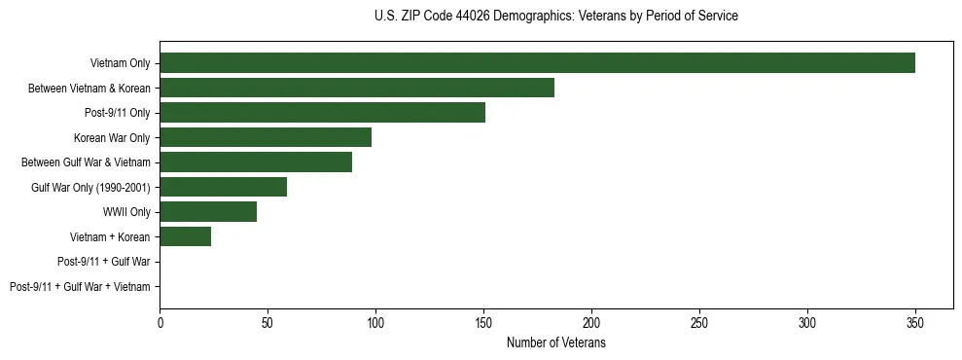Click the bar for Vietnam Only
(537, 63)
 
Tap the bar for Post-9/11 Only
(322, 113)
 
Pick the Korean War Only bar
(266, 137)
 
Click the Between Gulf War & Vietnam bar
(256, 162)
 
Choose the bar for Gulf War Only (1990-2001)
(223, 187)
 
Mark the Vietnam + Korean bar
(185, 236)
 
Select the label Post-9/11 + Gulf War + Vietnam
(80, 287)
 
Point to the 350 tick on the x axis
(914, 322)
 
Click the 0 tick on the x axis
(160, 322)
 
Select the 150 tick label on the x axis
(483, 322)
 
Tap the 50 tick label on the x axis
(267, 322)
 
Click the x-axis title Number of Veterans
(555, 342)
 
